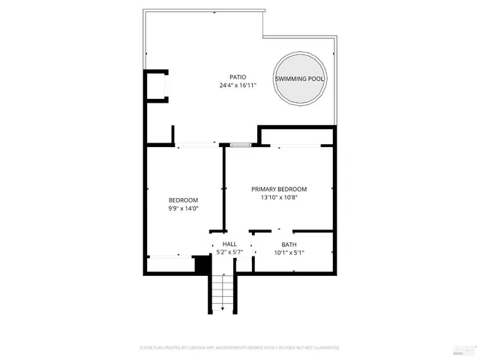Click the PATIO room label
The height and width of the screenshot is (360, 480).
238,77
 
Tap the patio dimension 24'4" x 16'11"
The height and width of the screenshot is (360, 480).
238,86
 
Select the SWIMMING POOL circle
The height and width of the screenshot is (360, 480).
300,79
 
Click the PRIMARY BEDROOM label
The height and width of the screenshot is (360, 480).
279,189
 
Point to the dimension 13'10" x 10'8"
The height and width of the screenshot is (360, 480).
279,198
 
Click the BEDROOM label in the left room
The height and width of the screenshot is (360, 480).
183,199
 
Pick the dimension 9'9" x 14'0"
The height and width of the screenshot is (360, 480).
183,208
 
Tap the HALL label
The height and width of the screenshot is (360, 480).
229,244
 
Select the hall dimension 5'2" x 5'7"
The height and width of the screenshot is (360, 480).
229,253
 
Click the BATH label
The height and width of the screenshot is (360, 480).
289,244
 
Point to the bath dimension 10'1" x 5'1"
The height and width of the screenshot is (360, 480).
289,253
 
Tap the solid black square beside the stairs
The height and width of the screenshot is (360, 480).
201,263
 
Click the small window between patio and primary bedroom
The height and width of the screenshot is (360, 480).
240,144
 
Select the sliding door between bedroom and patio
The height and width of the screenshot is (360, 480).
196,145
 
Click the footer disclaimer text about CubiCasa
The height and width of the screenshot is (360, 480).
239,348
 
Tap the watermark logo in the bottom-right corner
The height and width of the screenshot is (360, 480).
464,349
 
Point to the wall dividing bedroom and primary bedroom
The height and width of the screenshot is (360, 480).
224,187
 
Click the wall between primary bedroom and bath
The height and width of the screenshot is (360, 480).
300,231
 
